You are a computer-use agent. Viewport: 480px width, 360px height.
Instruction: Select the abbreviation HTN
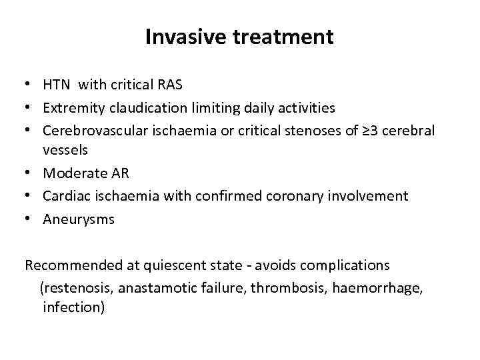57,85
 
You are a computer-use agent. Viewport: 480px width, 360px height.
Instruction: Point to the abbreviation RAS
169,85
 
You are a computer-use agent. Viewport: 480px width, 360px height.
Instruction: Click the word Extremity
73,108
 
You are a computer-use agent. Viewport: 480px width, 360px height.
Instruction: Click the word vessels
65,150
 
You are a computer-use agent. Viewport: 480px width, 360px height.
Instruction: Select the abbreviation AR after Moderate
119,173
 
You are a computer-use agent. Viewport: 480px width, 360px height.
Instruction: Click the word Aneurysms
79,219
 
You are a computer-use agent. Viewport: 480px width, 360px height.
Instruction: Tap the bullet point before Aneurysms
29,219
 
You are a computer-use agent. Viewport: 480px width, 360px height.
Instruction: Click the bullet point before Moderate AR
29,173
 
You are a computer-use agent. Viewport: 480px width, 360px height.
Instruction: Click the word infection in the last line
73,308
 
